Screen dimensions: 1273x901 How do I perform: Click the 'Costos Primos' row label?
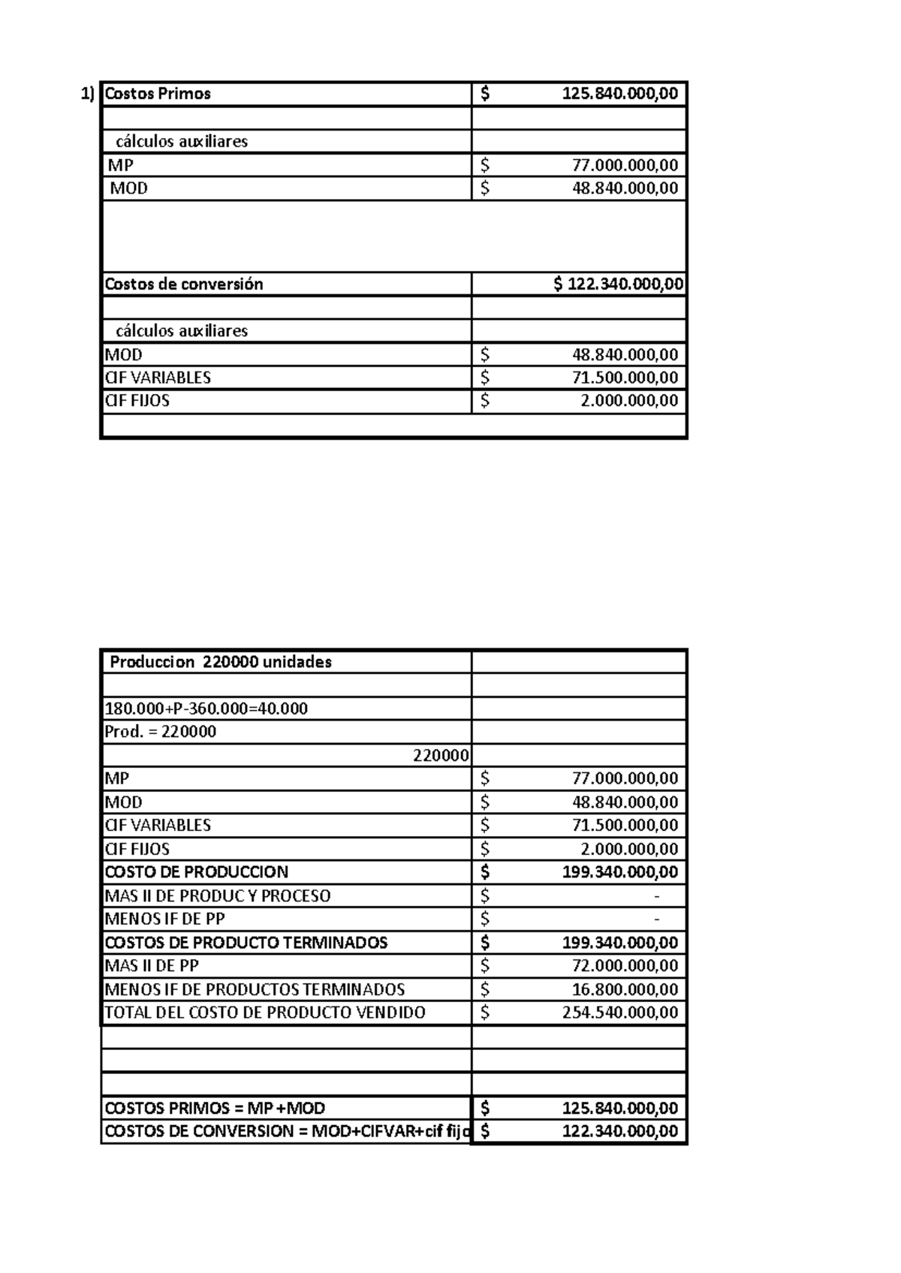click(158, 94)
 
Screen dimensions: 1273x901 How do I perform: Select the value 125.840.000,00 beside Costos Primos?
click(619, 94)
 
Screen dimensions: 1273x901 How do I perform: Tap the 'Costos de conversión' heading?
click(184, 284)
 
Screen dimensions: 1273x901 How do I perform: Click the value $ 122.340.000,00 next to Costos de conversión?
click(618, 284)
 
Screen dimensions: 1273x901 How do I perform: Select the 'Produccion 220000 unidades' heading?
click(221, 662)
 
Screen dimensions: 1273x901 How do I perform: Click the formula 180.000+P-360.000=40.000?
click(206, 709)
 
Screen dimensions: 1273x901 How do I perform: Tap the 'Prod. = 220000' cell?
click(161, 732)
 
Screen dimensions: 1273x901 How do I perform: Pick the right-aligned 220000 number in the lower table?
click(441, 755)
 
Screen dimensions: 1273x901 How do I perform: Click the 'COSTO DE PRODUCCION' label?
click(197, 872)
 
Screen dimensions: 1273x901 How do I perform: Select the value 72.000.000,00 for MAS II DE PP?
click(625, 966)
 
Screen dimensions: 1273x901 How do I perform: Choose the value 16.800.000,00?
click(625, 989)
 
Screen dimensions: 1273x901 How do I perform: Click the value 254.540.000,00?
click(619, 1013)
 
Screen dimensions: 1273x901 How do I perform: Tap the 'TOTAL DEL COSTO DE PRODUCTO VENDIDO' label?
click(265, 1013)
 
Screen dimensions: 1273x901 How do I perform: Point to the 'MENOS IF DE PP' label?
click(165, 919)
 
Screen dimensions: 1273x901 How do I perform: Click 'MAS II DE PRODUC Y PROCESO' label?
click(218, 895)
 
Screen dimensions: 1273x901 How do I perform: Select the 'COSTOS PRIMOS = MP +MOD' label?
click(215, 1109)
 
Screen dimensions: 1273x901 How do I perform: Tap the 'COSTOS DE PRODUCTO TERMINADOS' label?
click(246, 943)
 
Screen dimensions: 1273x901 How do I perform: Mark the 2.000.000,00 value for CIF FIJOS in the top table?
click(629, 401)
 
